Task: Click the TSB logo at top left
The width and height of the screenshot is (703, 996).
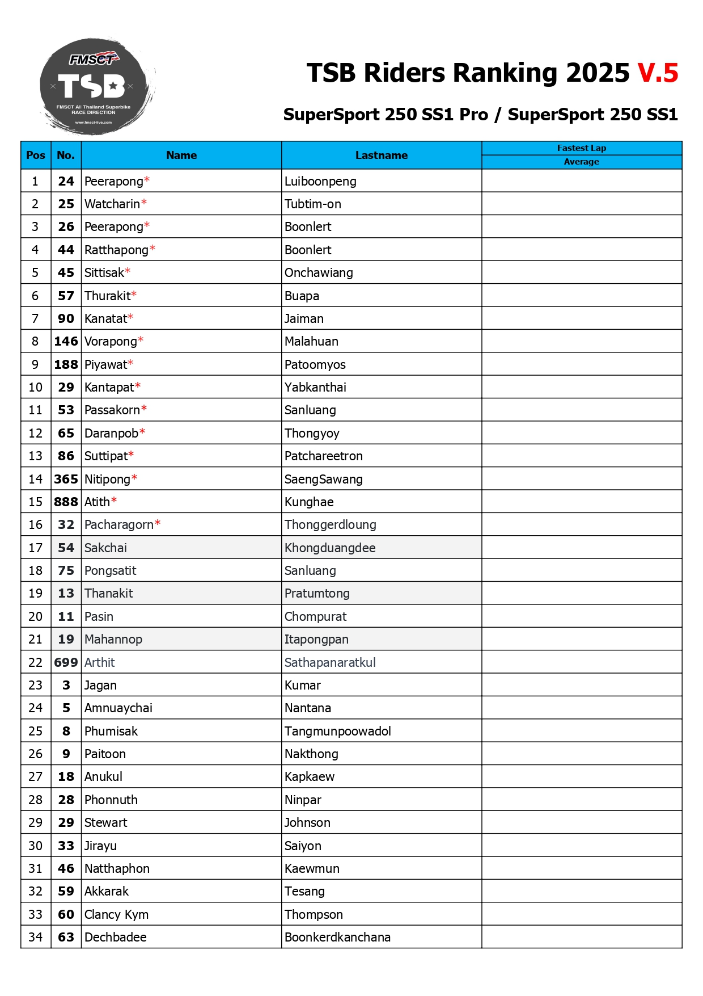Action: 95,86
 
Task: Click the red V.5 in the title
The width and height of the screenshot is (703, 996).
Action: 658,73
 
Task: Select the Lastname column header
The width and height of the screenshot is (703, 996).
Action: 381,156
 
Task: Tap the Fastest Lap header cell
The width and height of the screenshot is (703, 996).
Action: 581,148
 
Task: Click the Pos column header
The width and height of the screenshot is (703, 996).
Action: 36,156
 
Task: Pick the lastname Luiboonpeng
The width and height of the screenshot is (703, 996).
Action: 320,182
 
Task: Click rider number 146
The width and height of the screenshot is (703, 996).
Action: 66,342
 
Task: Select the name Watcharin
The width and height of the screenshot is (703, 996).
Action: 112,204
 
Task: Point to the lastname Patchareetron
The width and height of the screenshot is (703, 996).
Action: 323,456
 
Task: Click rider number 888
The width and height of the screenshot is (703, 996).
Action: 66,502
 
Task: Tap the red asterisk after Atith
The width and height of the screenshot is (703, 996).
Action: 114,501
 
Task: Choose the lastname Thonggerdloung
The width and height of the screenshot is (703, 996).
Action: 330,525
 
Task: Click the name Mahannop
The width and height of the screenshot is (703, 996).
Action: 113,640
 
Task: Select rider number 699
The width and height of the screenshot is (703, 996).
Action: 66,663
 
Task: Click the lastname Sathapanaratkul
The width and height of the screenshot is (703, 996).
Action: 330,663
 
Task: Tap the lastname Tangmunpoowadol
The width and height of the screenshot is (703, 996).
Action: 337,732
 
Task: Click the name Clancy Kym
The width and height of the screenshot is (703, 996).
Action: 116,915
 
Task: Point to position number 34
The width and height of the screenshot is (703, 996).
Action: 36,938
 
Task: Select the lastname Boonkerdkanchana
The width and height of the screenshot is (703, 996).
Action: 337,938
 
